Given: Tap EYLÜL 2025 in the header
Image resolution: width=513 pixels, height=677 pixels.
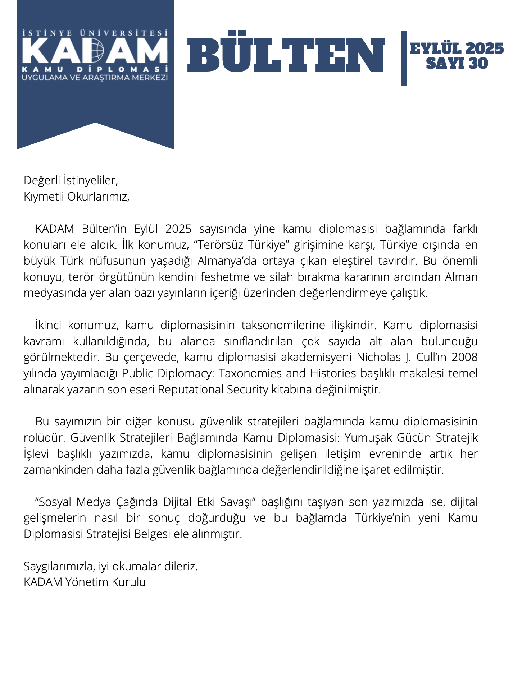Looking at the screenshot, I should (457, 49).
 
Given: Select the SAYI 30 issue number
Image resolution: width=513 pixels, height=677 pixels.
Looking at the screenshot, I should (457, 64).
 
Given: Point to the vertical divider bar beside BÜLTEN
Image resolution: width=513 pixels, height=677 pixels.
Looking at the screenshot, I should (404, 58).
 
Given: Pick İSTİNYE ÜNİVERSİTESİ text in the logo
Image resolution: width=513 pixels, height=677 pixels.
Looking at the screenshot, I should (95, 33).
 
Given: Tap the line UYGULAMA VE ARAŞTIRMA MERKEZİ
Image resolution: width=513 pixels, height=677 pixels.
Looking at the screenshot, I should (95, 78).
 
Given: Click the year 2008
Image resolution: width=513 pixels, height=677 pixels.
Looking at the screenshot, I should (465, 357).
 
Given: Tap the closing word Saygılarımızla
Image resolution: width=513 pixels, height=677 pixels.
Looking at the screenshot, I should (59, 566).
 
